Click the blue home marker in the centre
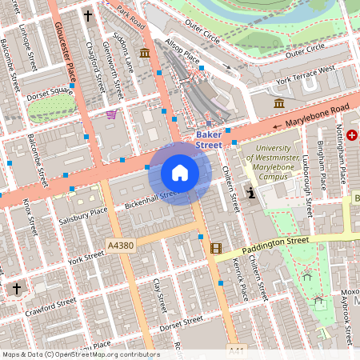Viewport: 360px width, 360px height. pos(180,173)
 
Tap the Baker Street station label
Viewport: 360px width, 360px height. pos(209,140)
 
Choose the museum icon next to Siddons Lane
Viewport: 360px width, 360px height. pos(144,54)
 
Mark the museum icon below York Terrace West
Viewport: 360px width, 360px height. pos(278,104)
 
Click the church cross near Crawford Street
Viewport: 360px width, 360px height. pos(14,288)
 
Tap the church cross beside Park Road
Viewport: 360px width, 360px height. pos(87,14)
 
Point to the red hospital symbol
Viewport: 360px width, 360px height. pos(351,137)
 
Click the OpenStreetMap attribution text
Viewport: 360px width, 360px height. pos(80,354)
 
